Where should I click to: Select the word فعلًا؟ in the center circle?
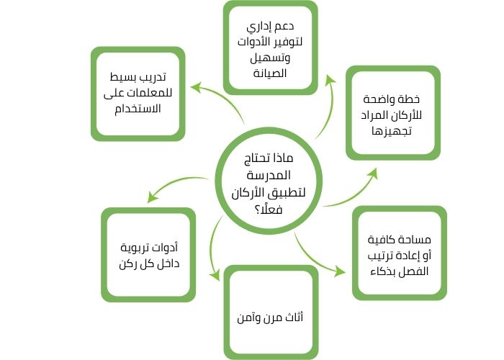[x=269, y=209]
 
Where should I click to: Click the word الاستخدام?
[x=137, y=108]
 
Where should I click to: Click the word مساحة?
[x=413, y=240]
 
